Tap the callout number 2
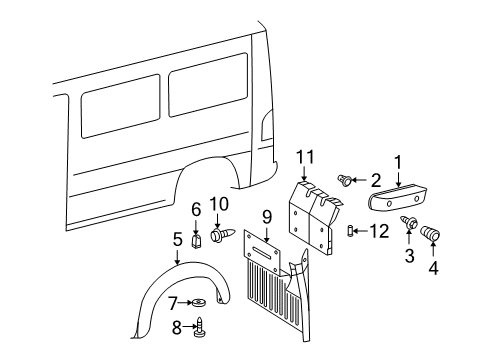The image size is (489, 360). click(375, 180)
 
